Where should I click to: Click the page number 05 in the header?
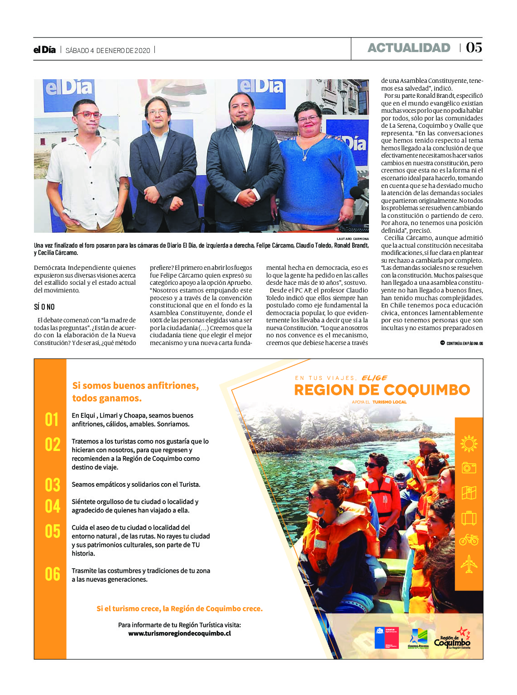coord(474,48)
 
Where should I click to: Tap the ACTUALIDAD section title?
coord(409,48)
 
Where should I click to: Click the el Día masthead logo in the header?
coord(44,50)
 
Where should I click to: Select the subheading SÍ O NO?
coord(44,307)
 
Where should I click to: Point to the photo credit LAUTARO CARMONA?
coord(353,239)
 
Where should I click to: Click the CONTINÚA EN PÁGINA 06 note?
coord(462,343)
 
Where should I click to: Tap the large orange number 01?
coord(52,420)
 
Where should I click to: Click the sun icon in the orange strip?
coord(469,443)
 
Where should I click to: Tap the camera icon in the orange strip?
coord(469,468)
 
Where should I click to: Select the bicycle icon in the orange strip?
coord(469,540)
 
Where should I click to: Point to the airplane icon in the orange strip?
coord(469,564)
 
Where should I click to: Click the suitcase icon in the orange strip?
coord(469,517)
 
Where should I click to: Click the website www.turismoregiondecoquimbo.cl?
coord(179,633)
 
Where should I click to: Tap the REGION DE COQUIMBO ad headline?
coord(382,390)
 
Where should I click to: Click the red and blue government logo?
coord(386,637)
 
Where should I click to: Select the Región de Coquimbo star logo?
coord(452,638)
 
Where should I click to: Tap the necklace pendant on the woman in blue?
coord(304,158)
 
